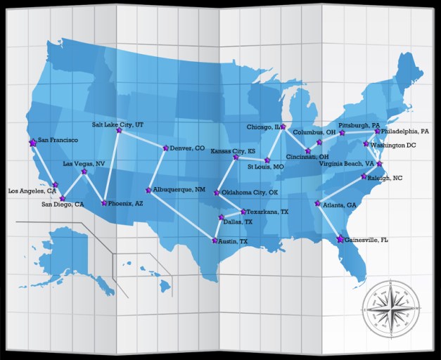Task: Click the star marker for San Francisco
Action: pos(32,142)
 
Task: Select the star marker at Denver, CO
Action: pos(166,148)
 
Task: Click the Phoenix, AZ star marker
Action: pos(104,202)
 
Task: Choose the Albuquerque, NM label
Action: pos(179,190)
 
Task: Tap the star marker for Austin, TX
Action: pos(215,240)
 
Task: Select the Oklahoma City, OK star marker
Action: pos(217,192)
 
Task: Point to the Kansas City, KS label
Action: pos(233,151)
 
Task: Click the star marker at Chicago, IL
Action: pos(283,127)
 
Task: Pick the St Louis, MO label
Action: pos(266,167)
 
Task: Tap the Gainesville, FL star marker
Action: pos(340,239)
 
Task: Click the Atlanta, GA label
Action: pos(340,205)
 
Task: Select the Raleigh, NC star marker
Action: pos(364,176)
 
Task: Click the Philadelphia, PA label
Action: pos(404,131)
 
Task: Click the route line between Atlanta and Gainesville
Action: pos(328,221)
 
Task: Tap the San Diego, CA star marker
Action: pos(62,198)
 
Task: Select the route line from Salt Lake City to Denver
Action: pos(142,139)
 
